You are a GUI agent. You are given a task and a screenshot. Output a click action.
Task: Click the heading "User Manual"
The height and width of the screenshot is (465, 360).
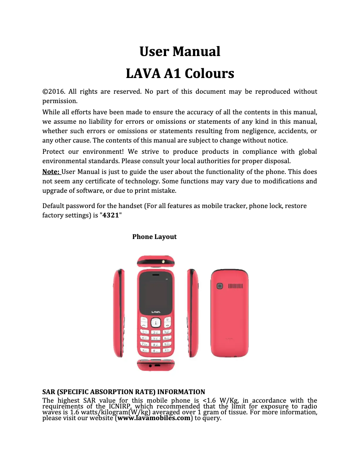[x=180, y=52]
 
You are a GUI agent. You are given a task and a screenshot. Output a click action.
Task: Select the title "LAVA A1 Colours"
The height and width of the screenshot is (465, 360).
[x=180, y=73]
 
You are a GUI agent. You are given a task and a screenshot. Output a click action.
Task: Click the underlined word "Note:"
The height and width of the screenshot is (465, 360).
[x=51, y=172]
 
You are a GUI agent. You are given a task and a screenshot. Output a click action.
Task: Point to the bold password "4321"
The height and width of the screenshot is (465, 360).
[x=110, y=215]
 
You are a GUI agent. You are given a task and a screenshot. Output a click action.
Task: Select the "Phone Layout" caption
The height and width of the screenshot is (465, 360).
[x=154, y=236]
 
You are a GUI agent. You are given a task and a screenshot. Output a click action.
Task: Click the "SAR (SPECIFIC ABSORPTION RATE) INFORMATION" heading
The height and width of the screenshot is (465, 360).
[x=123, y=391]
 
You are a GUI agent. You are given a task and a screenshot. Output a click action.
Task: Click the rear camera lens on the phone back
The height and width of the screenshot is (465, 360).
[x=220, y=286]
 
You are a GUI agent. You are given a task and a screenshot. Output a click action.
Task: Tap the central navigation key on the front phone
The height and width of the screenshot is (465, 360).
[x=156, y=322]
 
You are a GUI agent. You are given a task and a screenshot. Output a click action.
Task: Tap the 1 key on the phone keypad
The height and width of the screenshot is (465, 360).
[x=145, y=331]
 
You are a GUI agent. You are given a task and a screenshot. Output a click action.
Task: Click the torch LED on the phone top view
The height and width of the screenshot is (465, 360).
[x=163, y=260]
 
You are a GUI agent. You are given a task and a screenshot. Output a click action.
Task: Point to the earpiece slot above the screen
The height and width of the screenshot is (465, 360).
[x=156, y=274]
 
